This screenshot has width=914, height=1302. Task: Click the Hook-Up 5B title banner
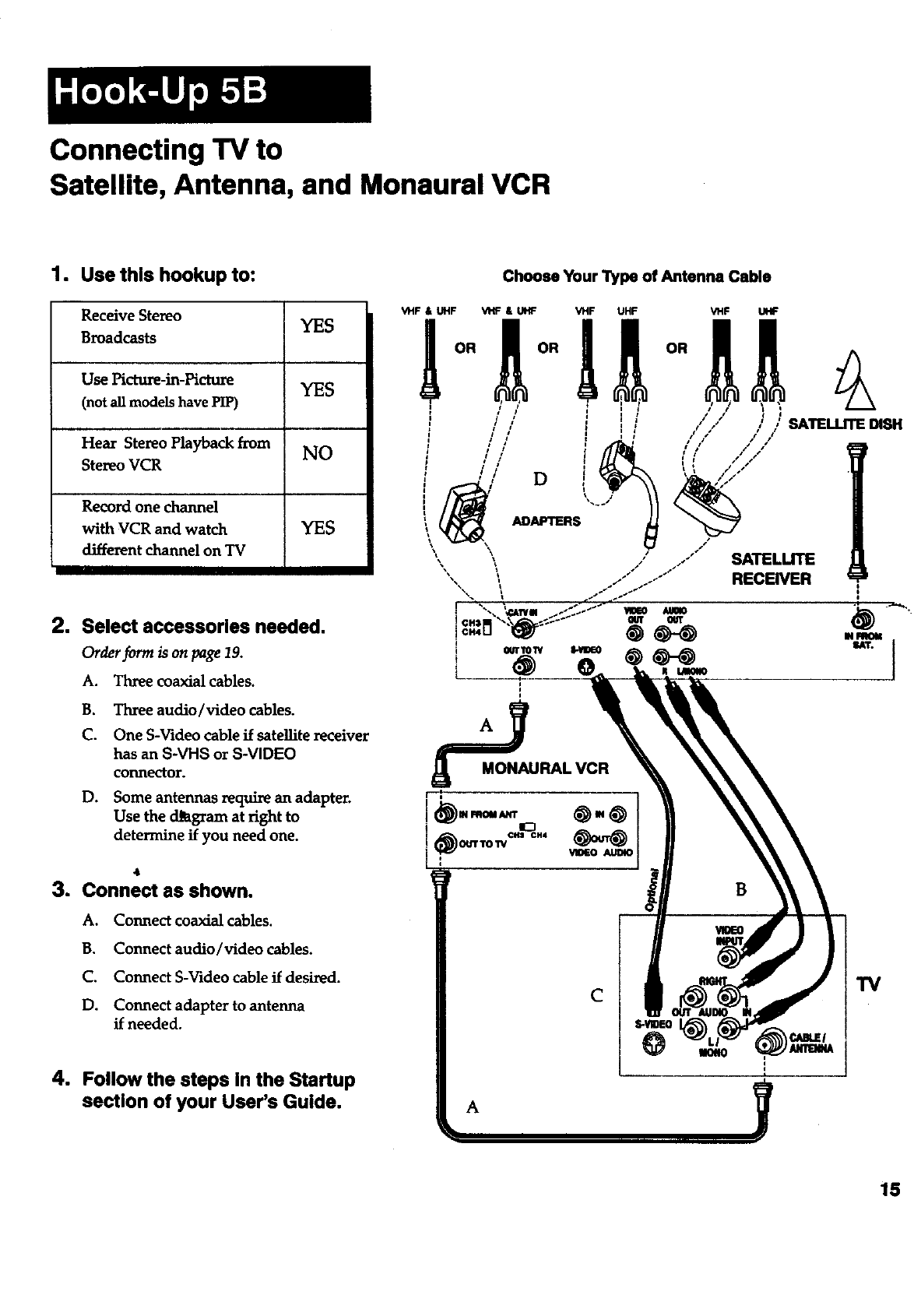point(209,94)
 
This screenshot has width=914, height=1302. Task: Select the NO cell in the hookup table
point(317,453)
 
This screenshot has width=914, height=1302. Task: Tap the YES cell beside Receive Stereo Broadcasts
point(317,326)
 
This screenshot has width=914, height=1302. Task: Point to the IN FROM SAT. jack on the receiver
point(861,621)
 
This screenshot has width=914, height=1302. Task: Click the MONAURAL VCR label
point(545,769)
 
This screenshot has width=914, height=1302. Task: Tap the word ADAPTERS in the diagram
point(546,521)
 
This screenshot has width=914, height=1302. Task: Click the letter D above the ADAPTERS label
point(540,479)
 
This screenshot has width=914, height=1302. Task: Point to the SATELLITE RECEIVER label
point(772,568)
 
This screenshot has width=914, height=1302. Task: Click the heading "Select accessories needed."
point(203,627)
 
